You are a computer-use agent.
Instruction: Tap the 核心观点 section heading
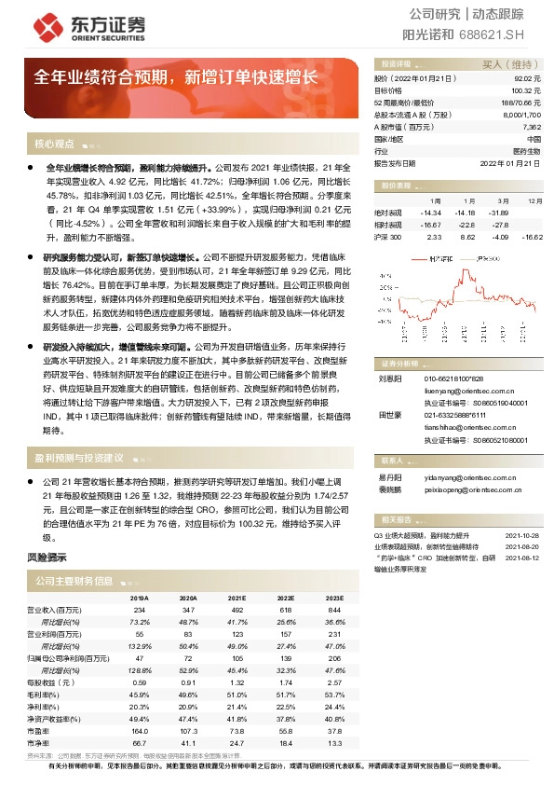pos(53,145)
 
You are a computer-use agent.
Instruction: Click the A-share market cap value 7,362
pos(531,127)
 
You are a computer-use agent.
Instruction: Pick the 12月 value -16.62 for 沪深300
pos(531,237)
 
